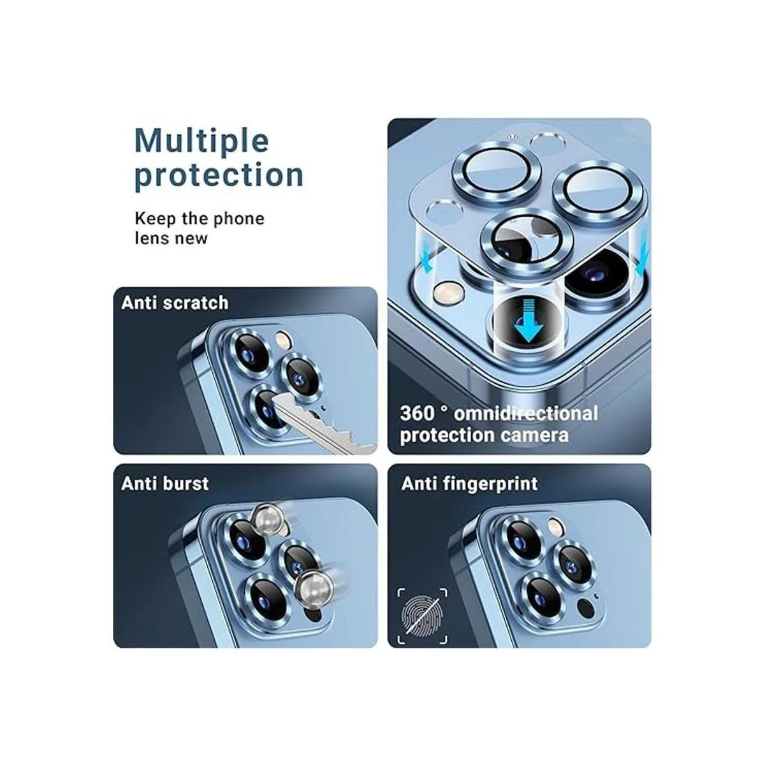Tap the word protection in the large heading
pyautogui.click(x=219, y=175)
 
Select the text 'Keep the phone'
pyautogui.click(x=200, y=219)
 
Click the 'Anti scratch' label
pyautogui.click(x=175, y=303)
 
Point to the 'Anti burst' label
pyautogui.click(x=165, y=483)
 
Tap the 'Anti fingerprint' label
pyautogui.click(x=469, y=483)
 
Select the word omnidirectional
pyautogui.click(x=525, y=414)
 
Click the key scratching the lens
pyautogui.click(x=324, y=425)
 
